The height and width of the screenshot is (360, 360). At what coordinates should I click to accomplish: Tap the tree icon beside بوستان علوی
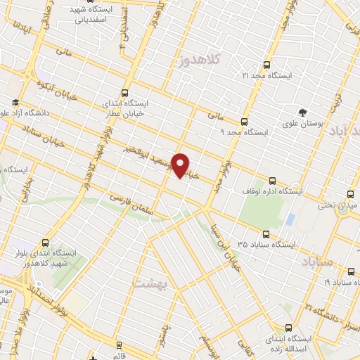[x=302, y=112]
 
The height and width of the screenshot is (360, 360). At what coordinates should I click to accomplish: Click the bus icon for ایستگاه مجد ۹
[x=245, y=121]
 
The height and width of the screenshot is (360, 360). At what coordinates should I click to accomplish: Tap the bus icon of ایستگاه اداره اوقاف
[x=273, y=180]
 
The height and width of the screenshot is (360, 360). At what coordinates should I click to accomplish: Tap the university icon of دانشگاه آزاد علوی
[x=15, y=102]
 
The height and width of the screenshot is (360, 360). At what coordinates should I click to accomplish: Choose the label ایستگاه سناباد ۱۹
[x=337, y=281]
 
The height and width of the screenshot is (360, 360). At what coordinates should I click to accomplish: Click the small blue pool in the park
[x=290, y=219]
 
